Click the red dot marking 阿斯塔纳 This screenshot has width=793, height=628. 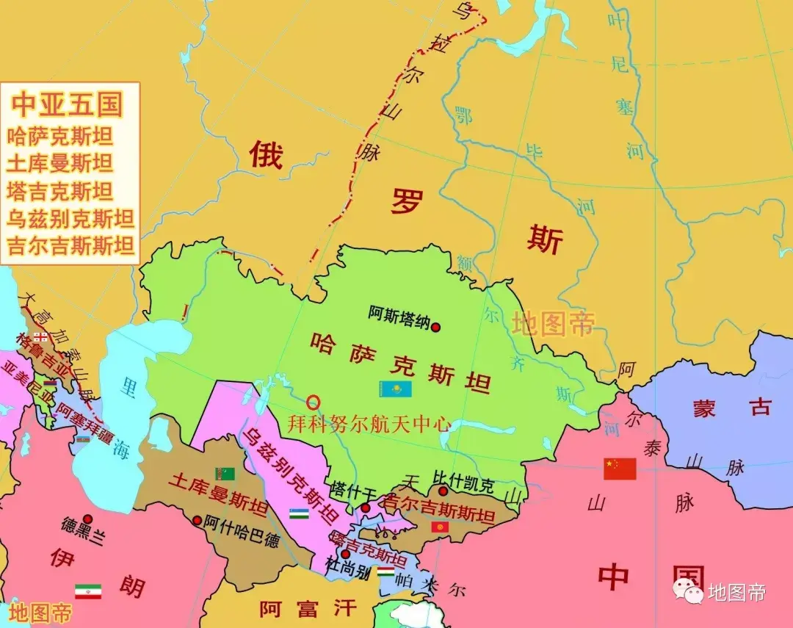click(x=435, y=327)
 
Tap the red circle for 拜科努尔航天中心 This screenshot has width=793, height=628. click(x=314, y=402)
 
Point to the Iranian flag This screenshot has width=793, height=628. click(x=88, y=591)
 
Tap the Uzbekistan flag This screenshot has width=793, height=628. click(x=298, y=513)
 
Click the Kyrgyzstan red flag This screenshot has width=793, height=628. click(x=441, y=527)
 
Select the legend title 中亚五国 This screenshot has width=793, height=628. click(x=67, y=104)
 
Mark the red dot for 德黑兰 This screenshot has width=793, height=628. click(x=87, y=519)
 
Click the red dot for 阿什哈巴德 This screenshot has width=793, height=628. click(x=197, y=520)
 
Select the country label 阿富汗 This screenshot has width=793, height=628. click(x=308, y=608)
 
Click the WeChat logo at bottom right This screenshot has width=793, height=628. click(x=689, y=590)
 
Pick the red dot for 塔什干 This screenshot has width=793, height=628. click(x=365, y=508)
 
